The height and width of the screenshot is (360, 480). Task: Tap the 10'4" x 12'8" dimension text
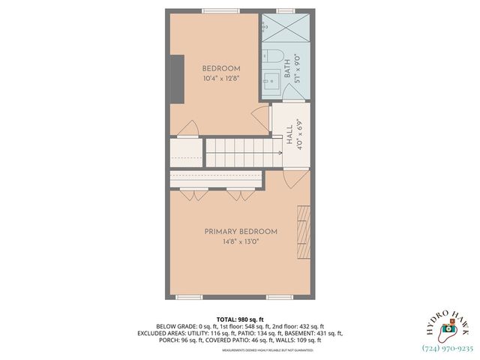coord(220,78)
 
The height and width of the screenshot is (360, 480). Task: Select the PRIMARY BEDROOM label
coord(241,232)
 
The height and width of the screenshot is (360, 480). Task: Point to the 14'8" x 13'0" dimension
coord(241,242)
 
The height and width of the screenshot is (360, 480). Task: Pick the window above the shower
coord(285,10)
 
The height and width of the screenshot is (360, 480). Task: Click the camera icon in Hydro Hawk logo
coord(448,328)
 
